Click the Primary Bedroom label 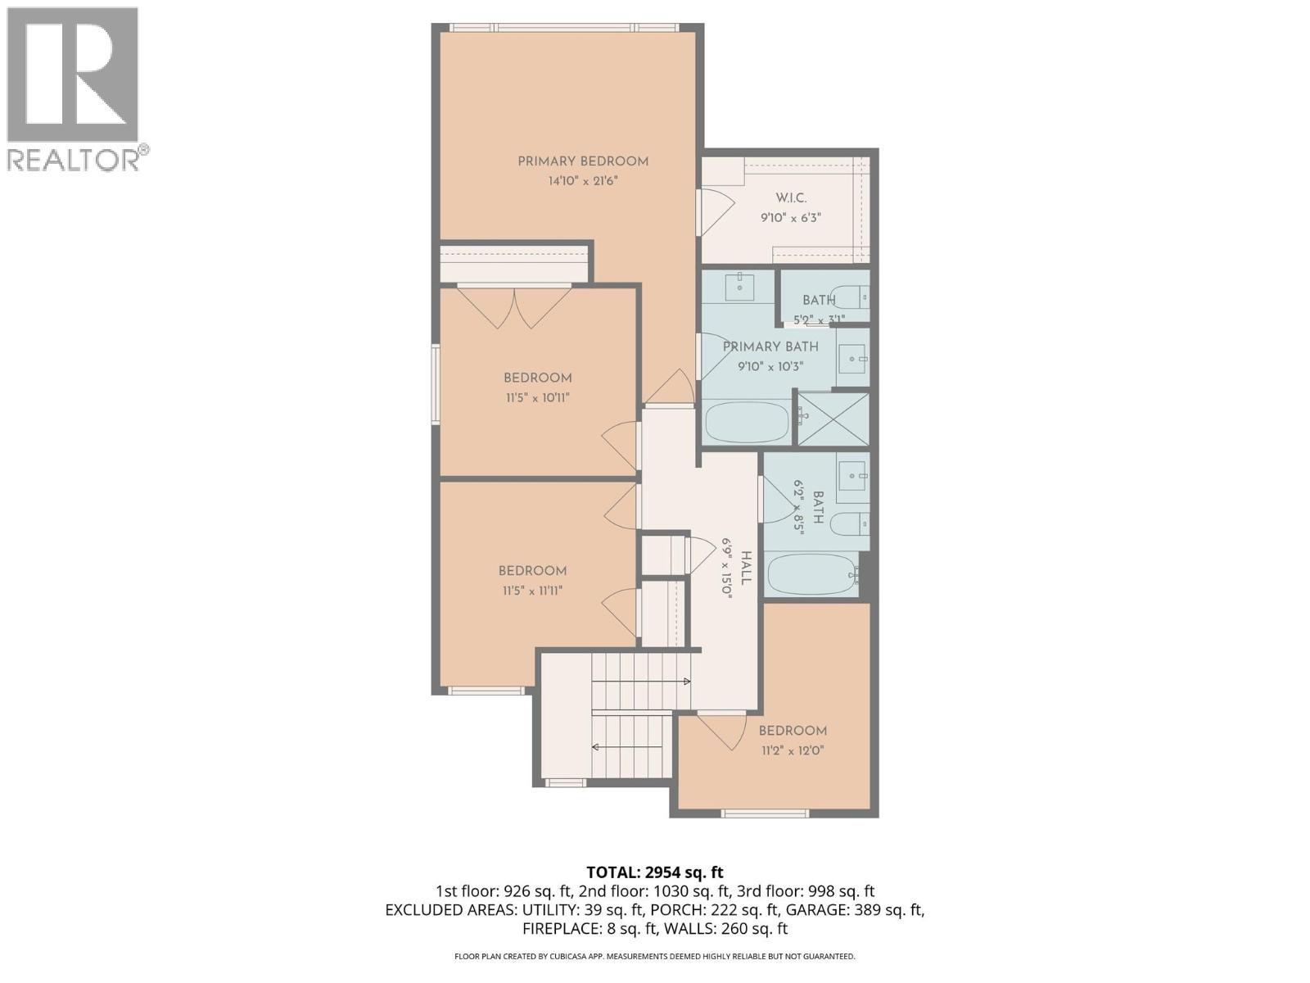tap(582, 161)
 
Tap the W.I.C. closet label tap(791, 198)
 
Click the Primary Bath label tap(770, 347)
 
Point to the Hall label tap(745, 568)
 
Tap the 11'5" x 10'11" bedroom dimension tap(537, 398)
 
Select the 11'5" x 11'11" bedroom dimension tap(532, 591)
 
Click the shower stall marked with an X tap(833, 419)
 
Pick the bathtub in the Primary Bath tap(747, 422)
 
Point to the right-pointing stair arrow tap(686, 682)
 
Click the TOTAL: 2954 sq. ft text tap(655, 872)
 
